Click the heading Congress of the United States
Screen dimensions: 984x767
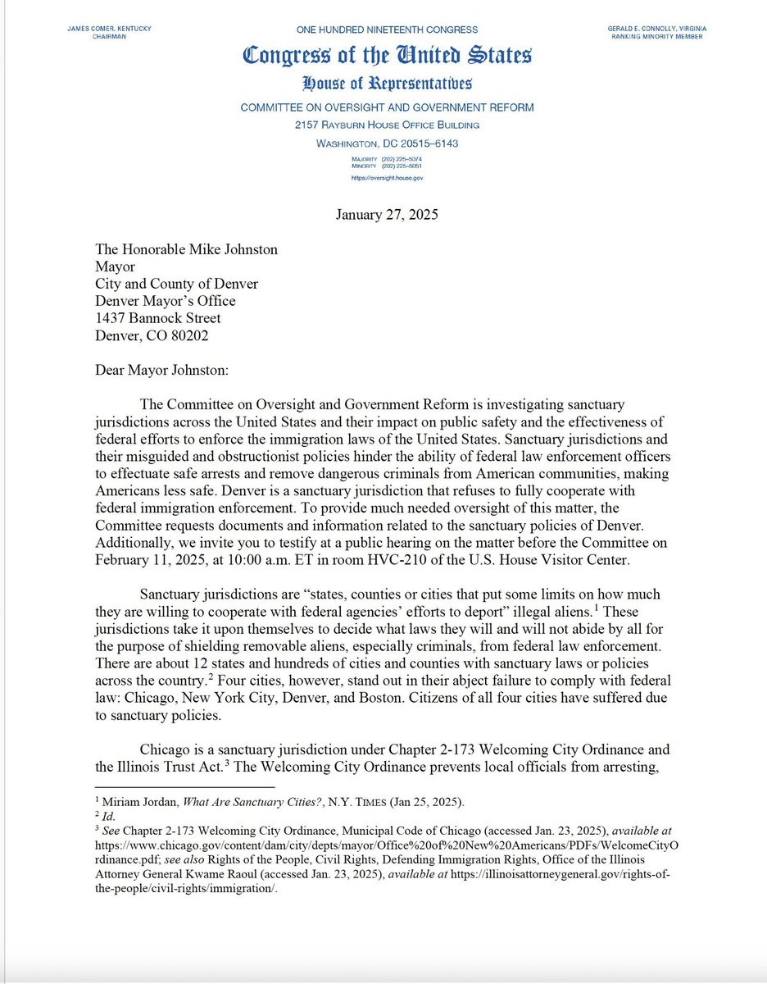[387, 56]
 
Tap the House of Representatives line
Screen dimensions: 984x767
[387, 84]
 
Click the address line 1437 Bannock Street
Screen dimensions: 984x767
[170, 318]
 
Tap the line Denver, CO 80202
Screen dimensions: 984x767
[164, 335]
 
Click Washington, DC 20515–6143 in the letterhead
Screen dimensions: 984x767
[387, 143]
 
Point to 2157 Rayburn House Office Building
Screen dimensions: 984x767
[387, 125]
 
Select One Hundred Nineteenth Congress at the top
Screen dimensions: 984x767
[387, 29]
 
